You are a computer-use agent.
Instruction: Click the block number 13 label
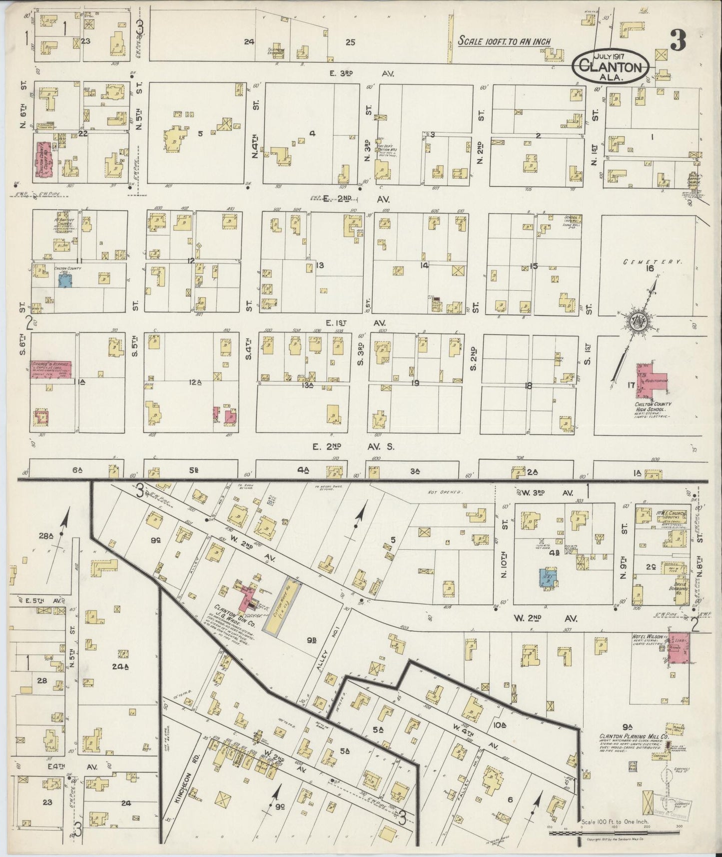click(320, 265)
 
